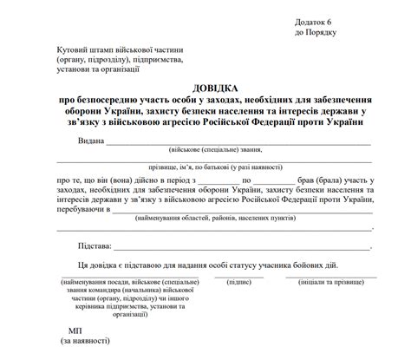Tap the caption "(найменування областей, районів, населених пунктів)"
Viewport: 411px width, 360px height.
(227, 219)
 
